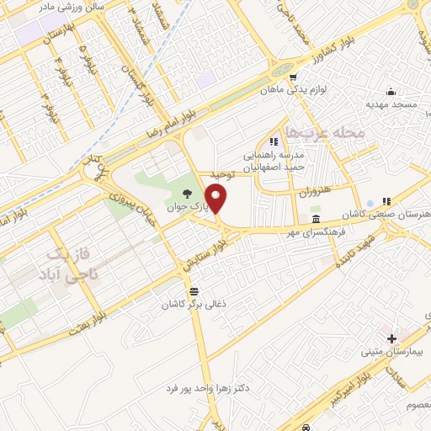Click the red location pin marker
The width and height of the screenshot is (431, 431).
coord(217,200)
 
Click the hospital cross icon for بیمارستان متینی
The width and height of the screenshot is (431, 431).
coord(391,338)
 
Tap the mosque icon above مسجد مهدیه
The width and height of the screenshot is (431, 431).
coord(390,93)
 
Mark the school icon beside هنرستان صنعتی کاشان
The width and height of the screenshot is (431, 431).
coord(386,201)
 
